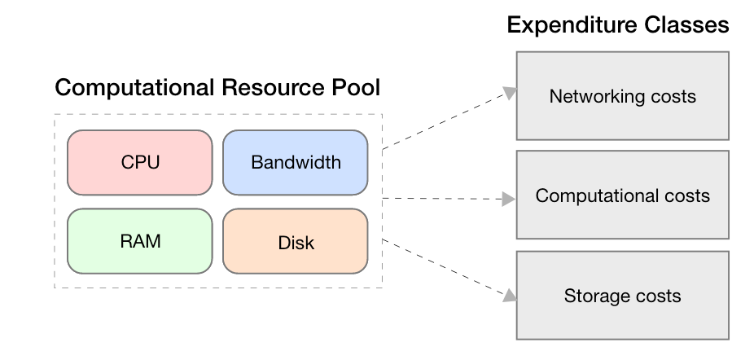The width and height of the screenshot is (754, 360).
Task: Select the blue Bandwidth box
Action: (295, 162)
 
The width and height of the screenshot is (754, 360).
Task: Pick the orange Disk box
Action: (295, 242)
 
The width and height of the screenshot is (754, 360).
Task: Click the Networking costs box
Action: (622, 96)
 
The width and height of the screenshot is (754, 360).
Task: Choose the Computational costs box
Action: (622, 196)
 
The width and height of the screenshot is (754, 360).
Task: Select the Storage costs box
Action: (622, 296)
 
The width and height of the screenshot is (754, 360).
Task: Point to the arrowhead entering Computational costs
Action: (510, 198)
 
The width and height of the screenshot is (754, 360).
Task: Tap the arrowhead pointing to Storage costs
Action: (510, 295)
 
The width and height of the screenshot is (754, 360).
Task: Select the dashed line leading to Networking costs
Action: (444, 121)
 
